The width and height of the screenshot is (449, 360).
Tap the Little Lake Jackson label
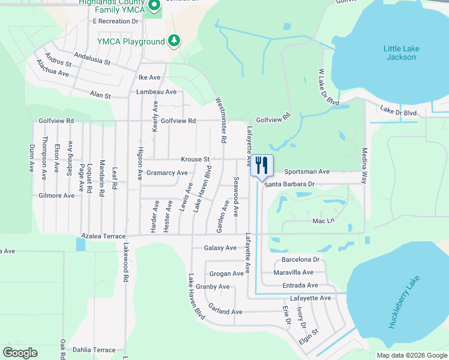(x=402, y=53)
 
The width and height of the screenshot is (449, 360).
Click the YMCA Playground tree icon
(x=174, y=41)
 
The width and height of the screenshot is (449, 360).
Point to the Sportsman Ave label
(x=307, y=172)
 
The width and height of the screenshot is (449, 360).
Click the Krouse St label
(x=195, y=160)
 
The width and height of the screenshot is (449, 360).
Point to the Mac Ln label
(x=323, y=221)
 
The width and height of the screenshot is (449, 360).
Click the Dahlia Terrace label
(x=94, y=350)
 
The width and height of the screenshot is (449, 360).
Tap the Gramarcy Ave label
(x=167, y=173)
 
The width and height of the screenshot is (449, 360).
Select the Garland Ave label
(x=225, y=311)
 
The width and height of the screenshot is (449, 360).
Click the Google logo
(x=20, y=353)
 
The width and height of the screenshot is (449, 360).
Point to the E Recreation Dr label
(x=115, y=21)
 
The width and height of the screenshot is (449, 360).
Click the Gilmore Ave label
(x=56, y=196)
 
